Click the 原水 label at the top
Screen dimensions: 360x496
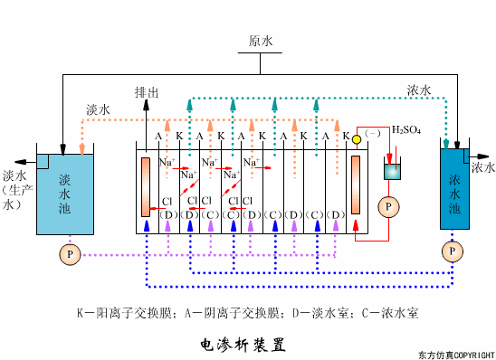pyautogui.click(x=261, y=42)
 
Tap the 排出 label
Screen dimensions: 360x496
pyautogui.click(x=147, y=92)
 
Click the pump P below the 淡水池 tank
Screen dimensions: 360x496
pyautogui.click(x=70, y=255)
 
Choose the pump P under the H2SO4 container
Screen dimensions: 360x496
pyautogui.click(x=389, y=206)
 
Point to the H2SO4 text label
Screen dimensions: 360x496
pyautogui.click(x=405, y=130)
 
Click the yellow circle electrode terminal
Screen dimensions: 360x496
pyautogui.click(x=357, y=139)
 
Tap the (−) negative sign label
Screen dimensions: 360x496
pyautogui.click(x=371, y=133)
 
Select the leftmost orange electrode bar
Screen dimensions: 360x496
pyautogui.click(x=145, y=187)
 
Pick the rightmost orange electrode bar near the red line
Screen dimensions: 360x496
pyautogui.click(x=355, y=185)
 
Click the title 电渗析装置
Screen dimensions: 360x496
pyautogui.click(x=242, y=344)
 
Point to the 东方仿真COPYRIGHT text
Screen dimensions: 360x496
pyautogui.click(x=456, y=354)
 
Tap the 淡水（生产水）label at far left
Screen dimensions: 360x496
pyautogui.click(x=15, y=190)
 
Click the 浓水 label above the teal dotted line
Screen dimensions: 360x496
pyautogui.click(x=418, y=90)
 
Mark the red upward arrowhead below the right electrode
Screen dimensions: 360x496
pyautogui.click(x=355, y=223)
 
